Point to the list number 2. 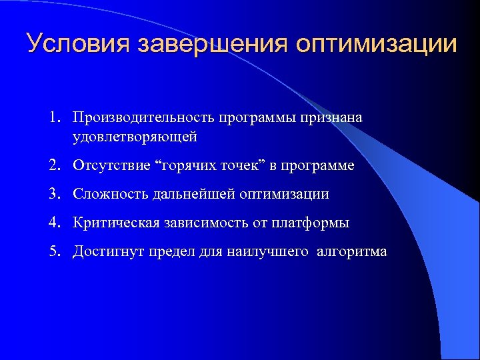(x=53, y=165)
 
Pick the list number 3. (x=53, y=194)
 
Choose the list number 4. (x=53, y=223)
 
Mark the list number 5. (x=53, y=251)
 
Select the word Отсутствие (x=110, y=165)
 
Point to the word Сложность (x=108, y=194)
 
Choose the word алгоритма (x=353, y=252)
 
